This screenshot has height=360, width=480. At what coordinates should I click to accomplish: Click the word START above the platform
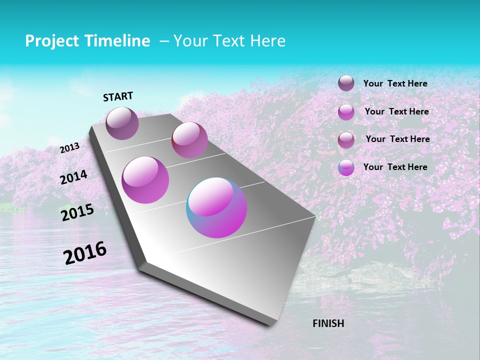tap(118, 96)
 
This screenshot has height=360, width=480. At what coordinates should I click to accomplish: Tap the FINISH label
tap(328, 323)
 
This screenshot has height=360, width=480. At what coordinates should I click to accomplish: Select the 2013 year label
tap(69, 148)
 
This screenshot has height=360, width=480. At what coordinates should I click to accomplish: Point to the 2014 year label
tap(73, 177)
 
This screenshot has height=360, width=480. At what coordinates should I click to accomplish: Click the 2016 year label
tap(85, 253)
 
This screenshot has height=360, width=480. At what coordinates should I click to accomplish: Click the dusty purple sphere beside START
tap(122, 123)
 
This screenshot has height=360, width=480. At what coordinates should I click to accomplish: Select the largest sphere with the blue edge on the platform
tap(216, 207)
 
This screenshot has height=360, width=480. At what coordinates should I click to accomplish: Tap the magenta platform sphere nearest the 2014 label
tap(145, 180)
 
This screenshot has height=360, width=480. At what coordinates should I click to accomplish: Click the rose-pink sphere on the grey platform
tap(189, 140)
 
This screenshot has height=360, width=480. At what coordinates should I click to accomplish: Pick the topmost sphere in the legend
tap(346, 83)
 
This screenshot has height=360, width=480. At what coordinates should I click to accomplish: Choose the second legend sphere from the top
tap(346, 112)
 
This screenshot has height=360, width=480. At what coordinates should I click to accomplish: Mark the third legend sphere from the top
tap(346, 140)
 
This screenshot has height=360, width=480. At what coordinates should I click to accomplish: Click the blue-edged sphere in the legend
tap(346, 167)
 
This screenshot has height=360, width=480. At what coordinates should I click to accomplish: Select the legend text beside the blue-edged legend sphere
tap(395, 167)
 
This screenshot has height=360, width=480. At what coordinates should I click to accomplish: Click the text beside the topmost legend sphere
tap(395, 83)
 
